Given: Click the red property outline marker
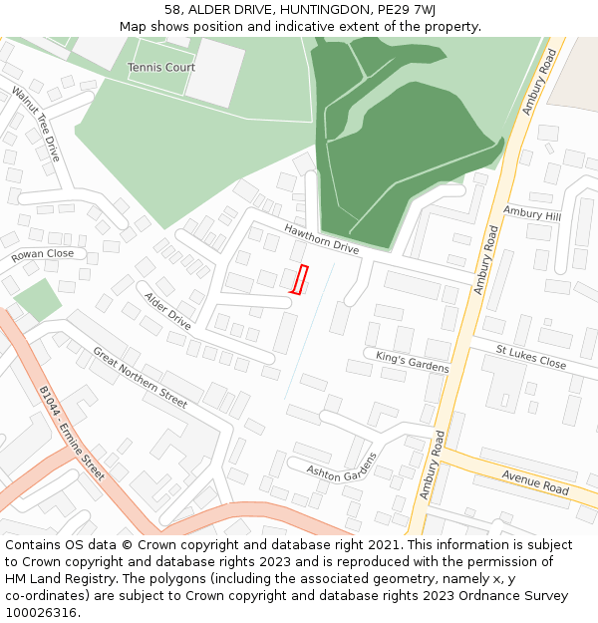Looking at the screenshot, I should point(298,279).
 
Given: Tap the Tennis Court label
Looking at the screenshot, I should point(161,68).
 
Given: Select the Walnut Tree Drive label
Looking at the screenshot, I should point(37,124).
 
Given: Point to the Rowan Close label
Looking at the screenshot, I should point(43,255).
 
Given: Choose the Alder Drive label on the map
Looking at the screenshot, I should point(167,311).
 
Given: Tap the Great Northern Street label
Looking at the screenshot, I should point(140,378).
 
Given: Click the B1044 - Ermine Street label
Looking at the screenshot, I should point(72,434).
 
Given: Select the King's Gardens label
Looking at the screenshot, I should point(412,361).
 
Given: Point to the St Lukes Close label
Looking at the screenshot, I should point(531,356).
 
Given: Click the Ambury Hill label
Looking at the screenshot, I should point(532,214).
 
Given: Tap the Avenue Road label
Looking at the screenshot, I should point(535,482).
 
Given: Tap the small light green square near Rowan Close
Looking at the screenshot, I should point(38,300).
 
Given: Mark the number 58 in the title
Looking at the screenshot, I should point(173,9).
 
